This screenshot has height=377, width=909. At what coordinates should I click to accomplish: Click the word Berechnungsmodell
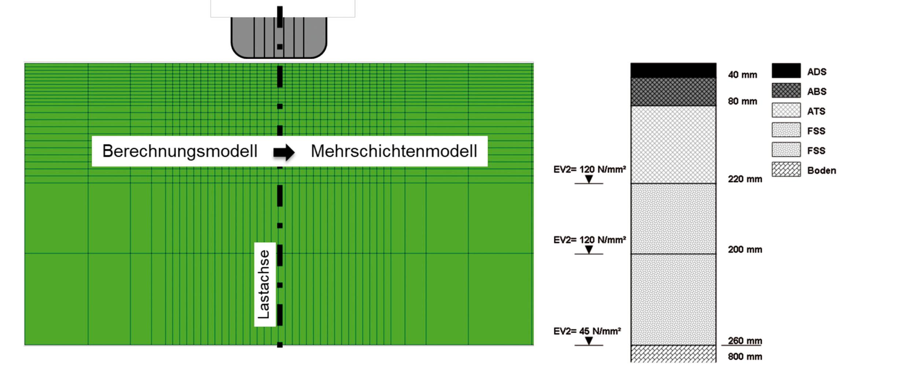(180, 151)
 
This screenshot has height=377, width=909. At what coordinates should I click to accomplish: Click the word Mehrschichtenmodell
(394, 151)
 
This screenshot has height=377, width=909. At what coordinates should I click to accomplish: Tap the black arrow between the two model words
(284, 152)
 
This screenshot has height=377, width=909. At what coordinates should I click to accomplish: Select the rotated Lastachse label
(264, 284)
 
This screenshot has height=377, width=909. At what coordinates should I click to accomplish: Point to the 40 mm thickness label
(742, 75)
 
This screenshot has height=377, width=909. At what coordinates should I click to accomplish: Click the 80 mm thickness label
(742, 101)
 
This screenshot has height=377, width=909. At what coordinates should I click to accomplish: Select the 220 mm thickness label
(745, 179)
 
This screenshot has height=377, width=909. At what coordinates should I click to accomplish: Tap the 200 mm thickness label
(745, 250)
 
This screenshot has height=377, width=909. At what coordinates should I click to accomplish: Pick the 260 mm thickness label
(745, 341)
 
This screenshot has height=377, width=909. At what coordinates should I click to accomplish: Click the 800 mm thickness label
(745, 356)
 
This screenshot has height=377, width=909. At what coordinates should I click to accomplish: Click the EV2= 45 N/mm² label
(587, 331)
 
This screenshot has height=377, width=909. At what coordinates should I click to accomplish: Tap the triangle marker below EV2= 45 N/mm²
(589, 341)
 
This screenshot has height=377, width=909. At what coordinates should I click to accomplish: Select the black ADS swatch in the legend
(786, 71)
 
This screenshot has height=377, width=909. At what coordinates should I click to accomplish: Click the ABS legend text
(817, 92)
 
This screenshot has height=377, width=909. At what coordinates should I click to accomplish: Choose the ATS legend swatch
(786, 110)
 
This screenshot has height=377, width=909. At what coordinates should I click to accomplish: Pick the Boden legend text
(821, 171)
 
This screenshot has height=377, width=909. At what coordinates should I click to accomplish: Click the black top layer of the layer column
(673, 70)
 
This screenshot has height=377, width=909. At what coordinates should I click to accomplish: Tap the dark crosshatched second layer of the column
(673, 92)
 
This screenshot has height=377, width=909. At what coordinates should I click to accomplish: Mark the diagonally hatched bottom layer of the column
(673, 354)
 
